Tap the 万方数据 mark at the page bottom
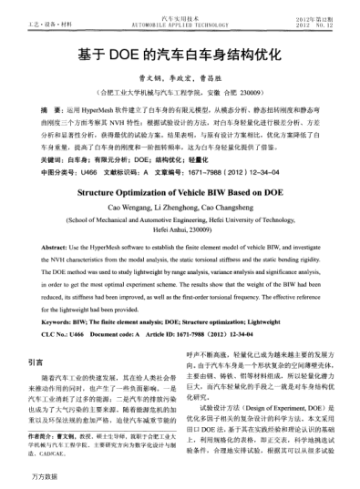tap(44, 477)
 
